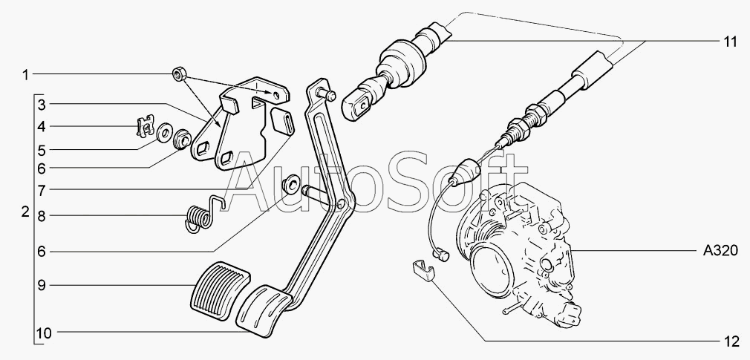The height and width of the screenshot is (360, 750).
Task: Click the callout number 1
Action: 25,74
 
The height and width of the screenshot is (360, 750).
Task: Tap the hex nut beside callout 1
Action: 179,74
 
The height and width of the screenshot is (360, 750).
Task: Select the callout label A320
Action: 720,251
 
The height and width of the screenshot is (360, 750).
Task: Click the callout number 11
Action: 730,42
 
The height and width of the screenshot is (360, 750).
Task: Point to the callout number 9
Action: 42,286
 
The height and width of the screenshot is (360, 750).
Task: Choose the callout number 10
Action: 44,333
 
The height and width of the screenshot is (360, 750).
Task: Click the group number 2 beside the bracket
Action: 25,212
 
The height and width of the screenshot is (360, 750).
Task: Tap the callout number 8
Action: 42,217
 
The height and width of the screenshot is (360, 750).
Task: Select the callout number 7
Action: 42,191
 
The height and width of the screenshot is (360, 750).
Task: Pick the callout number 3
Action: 42,104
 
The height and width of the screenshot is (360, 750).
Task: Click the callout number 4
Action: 42,127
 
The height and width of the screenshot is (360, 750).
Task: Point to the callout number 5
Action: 42,151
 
